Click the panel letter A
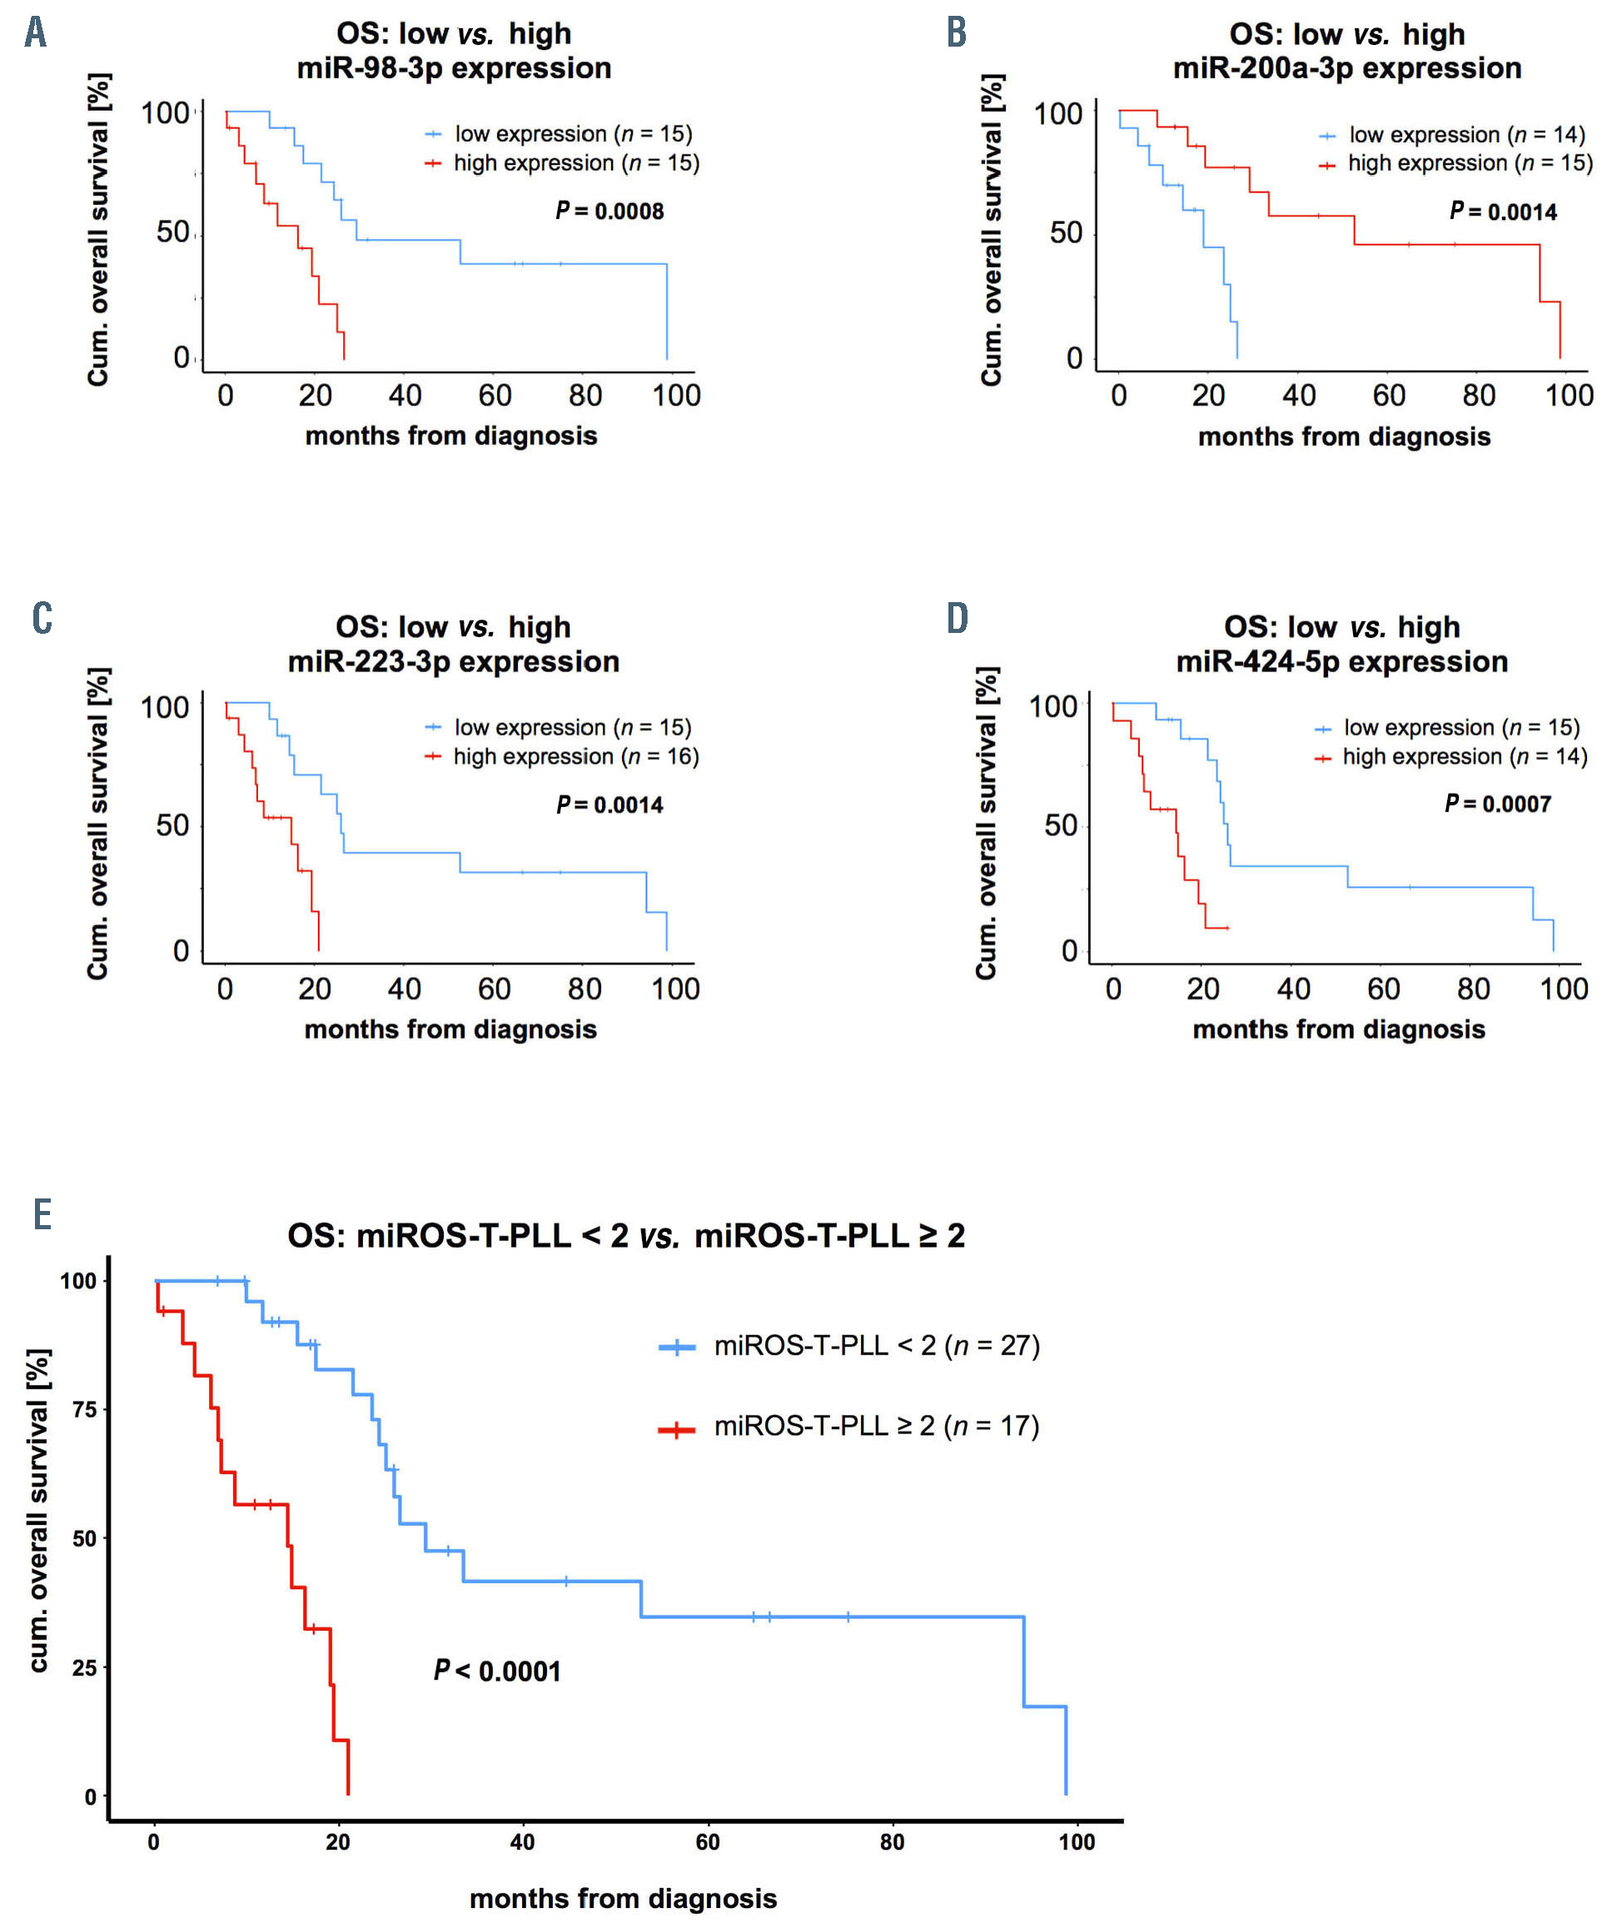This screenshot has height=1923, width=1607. point(35,33)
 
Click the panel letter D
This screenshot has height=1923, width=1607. point(957,619)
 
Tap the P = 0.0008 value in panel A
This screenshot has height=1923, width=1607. point(609,212)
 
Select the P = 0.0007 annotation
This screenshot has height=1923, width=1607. point(1497,804)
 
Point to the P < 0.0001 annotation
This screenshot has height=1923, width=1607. point(497,1671)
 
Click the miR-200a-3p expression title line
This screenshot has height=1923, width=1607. point(1347,68)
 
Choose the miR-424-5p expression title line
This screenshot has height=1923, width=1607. point(1341,661)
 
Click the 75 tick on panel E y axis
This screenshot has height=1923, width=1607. point(84,1409)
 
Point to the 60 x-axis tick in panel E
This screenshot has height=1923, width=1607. point(708,1841)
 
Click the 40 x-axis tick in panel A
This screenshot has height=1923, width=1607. point(405,396)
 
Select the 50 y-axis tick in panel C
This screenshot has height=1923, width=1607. point(172,826)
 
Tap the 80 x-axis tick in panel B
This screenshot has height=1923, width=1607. point(1479,396)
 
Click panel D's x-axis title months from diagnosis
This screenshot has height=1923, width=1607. point(1339,1029)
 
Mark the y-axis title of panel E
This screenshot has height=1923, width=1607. point(38,1510)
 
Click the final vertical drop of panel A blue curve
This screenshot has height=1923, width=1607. point(667,311)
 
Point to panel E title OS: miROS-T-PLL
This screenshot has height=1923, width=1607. point(626,1235)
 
